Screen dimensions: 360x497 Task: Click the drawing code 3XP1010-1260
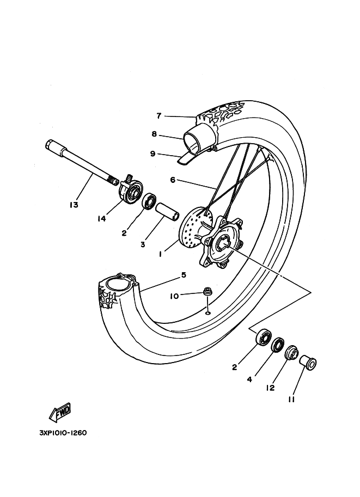[x=63, y=433]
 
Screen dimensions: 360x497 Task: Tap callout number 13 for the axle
[x=74, y=205]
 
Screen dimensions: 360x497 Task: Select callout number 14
[x=101, y=219]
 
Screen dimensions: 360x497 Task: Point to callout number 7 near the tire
[x=159, y=116]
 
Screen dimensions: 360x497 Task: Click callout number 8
[x=154, y=134]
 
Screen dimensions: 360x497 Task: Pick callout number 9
[x=153, y=154]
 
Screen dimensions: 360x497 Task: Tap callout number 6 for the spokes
[x=173, y=180]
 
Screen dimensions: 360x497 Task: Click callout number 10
[x=175, y=296]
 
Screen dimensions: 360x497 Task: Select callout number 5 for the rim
[x=184, y=275]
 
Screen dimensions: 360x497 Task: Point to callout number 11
[x=291, y=400]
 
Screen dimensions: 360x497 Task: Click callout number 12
[x=270, y=388]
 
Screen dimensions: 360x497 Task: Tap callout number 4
[x=249, y=379]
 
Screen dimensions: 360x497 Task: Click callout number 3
[x=143, y=245]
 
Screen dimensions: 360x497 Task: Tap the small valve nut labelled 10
[x=208, y=292]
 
